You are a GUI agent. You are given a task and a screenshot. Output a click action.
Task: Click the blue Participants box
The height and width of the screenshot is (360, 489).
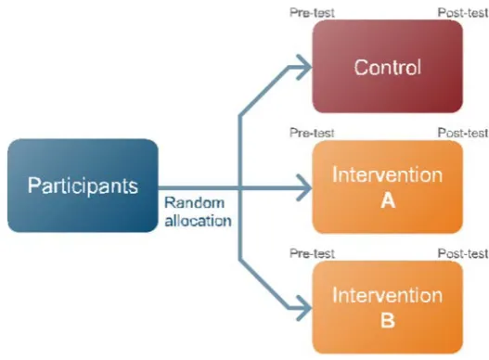[x=83, y=186]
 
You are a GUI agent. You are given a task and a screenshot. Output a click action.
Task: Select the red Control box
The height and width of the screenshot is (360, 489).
[x=387, y=67]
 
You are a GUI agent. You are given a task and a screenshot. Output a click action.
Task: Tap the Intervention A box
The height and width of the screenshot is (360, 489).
[x=387, y=186]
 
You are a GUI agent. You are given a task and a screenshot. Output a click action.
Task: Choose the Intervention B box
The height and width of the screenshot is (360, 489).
[x=387, y=307]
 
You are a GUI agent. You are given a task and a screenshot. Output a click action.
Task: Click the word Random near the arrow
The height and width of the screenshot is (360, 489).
[x=194, y=203]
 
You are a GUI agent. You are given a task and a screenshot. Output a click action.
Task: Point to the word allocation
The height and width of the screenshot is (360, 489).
[x=198, y=221]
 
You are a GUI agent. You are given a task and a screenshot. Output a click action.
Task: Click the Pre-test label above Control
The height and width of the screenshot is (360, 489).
[x=312, y=13]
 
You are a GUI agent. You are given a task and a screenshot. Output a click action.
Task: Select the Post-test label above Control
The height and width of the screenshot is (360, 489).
[x=463, y=13]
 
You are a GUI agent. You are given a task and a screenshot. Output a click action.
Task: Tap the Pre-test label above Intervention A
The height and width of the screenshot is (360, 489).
[x=312, y=133]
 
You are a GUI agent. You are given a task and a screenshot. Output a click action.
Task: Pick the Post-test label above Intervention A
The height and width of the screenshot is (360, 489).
[x=463, y=133]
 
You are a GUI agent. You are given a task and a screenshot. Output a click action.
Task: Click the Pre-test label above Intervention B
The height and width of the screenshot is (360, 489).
[x=312, y=253]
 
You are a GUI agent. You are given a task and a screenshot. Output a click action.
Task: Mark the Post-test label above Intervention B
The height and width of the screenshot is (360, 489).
[x=463, y=253]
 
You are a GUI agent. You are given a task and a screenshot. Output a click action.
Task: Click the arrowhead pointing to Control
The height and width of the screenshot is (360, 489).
[x=305, y=67]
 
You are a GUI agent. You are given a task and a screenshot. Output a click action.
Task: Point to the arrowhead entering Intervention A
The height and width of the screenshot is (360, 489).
[x=305, y=187]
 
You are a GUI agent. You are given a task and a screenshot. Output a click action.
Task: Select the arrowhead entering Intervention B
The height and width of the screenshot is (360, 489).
[x=305, y=308]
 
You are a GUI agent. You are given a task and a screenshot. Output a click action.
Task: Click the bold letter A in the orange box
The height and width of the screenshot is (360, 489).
[x=388, y=201]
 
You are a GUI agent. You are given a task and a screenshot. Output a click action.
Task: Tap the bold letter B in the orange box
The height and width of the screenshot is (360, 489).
[x=388, y=320]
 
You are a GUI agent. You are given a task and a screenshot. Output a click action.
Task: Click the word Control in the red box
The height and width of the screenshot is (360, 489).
[x=388, y=67]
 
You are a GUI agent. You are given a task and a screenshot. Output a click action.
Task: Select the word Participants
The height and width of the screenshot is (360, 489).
[x=83, y=186]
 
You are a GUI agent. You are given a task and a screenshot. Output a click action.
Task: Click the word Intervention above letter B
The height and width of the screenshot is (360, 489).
[x=387, y=295]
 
